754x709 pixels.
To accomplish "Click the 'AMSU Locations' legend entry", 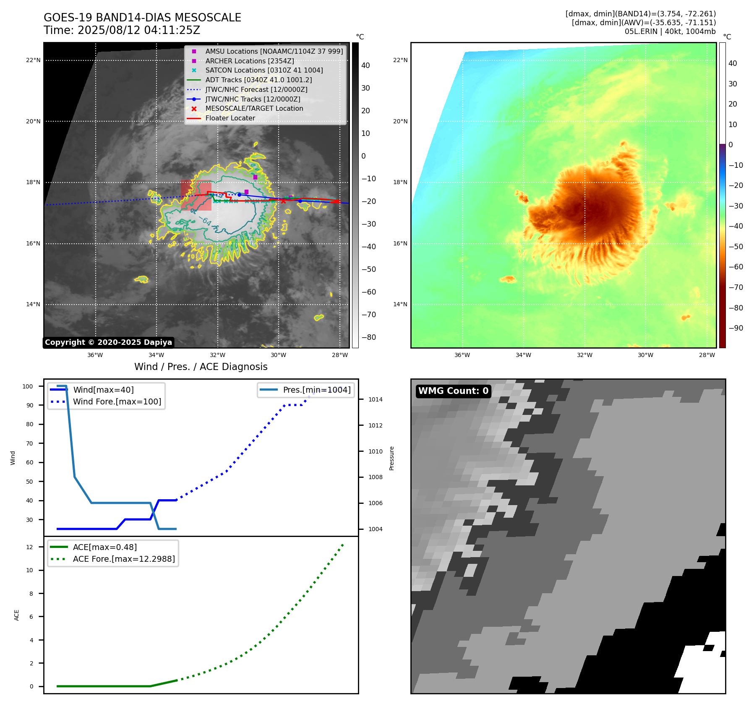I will (x=274, y=51).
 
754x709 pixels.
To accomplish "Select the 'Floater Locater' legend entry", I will (x=230, y=118).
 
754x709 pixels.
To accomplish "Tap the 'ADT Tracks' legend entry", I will (x=258, y=80).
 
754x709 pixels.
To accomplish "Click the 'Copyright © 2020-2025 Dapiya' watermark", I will (x=108, y=342).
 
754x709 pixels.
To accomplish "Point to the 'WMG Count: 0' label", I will (x=453, y=391).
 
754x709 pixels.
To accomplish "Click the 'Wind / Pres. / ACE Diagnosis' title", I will (x=201, y=367).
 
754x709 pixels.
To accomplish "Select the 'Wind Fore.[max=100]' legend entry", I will (x=117, y=401).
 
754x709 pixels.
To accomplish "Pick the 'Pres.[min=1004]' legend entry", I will (x=316, y=390).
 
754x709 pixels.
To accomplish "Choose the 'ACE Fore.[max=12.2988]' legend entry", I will (x=124, y=559).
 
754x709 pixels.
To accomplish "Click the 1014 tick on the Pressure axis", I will (x=375, y=399).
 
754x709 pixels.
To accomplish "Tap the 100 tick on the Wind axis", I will (x=28, y=386).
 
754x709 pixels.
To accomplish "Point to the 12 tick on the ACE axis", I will (x=29, y=547).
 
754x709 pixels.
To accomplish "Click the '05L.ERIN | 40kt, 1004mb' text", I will (x=670, y=31).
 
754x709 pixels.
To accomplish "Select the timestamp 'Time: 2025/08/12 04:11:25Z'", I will (x=122, y=30).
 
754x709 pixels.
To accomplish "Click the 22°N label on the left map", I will (x=33, y=60).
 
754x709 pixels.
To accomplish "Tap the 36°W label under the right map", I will (x=462, y=355).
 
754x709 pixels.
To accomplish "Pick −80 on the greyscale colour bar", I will (x=369, y=337).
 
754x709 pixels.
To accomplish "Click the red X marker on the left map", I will (x=283, y=201).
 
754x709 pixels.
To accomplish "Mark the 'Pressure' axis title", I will (x=391, y=458).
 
